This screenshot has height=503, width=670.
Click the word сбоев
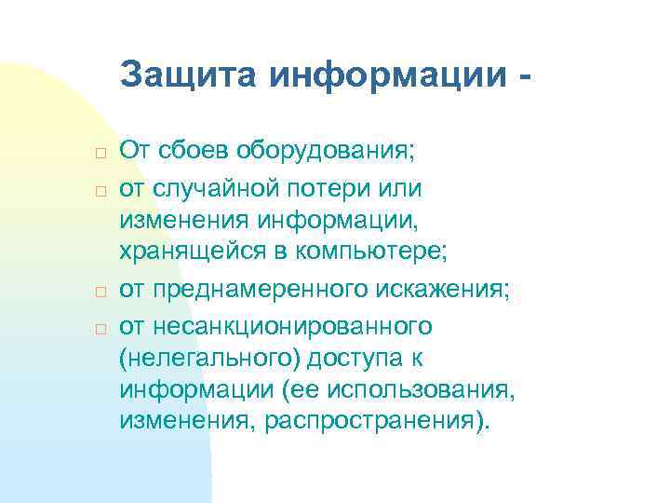(x=198, y=149)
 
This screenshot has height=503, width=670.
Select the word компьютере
(x=372, y=250)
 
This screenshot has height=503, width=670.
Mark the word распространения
(x=375, y=421)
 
